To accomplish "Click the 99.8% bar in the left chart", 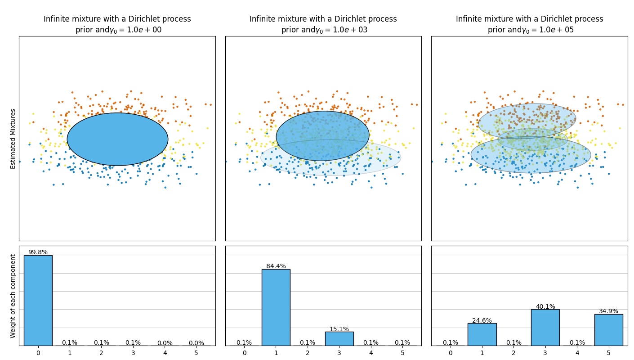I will pos(38,300).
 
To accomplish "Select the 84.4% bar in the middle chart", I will pos(276,307).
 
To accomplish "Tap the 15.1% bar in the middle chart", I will pos(339,338).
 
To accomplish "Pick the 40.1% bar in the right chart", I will pos(545,327).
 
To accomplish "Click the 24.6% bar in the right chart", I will pos(482,334).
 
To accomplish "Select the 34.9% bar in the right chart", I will pos(608,330).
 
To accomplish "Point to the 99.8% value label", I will pos(38,252).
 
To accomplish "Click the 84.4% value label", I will pos(276,266).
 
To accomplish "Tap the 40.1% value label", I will pos(545,306).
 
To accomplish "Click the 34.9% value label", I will pos(608,311).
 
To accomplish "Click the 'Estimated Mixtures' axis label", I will pos(13,139).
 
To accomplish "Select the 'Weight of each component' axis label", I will pos(13,296).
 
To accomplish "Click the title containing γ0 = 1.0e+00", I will pos(117,25).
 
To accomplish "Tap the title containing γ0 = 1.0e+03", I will pos(323,25).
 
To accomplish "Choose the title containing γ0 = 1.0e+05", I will pos(529,25).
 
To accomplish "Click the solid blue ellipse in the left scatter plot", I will pos(117,139).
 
